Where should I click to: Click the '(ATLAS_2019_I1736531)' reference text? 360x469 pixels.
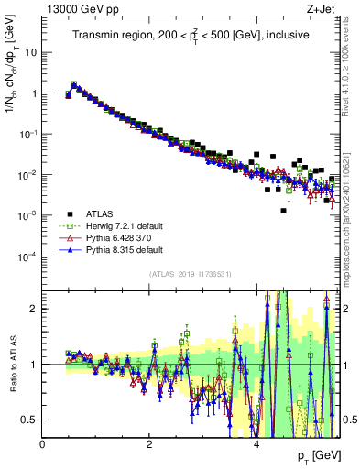191,274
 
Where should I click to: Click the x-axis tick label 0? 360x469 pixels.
43,444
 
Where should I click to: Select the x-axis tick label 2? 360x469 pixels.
149,444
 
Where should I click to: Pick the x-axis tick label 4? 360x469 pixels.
256,444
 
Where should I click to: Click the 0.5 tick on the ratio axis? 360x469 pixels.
31,420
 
